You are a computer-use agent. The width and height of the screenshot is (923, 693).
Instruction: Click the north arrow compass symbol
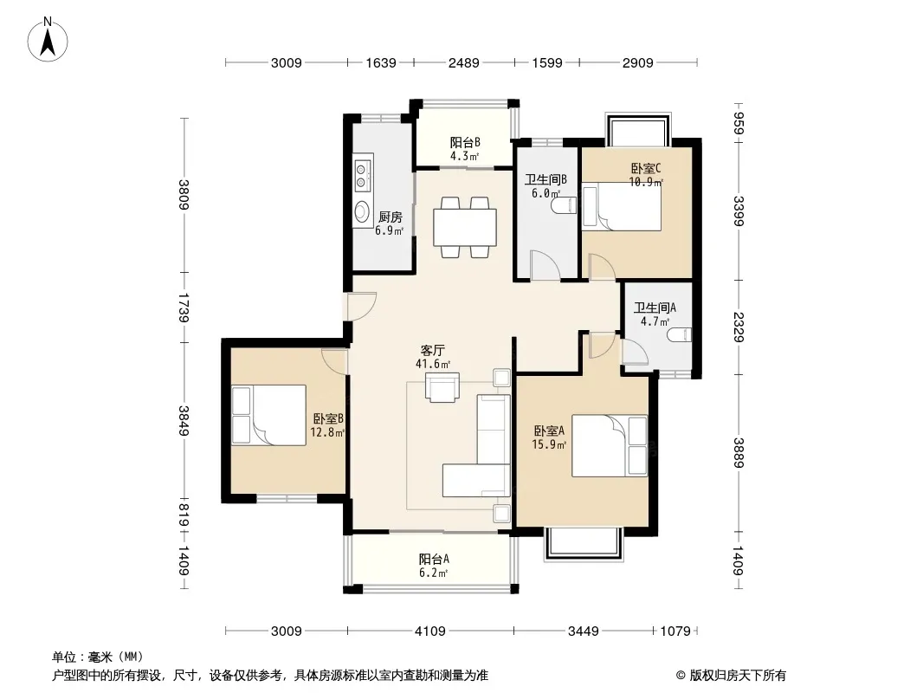(48, 39)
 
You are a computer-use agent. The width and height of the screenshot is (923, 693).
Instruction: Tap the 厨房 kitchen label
(390, 217)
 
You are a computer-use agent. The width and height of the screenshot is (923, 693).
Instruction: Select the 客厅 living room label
(433, 351)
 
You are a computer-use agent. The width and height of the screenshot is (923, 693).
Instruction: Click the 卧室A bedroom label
(549, 431)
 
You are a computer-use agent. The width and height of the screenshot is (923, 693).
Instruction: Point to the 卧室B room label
(328, 418)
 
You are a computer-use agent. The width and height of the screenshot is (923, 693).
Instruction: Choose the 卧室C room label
(646, 168)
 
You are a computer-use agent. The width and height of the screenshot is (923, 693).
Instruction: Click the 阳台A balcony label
(434, 559)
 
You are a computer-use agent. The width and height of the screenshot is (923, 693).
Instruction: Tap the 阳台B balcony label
(465, 142)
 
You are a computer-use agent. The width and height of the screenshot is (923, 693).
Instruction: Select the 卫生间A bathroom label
(655, 308)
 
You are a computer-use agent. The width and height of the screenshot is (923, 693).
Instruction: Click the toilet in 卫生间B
(564, 205)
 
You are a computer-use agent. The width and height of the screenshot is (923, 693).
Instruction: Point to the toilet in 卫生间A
(680, 334)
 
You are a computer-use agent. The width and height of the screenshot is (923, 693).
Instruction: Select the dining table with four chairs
(464, 227)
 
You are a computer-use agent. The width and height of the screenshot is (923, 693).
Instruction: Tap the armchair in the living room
(442, 387)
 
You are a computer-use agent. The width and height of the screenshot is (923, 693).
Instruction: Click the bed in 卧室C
(622, 206)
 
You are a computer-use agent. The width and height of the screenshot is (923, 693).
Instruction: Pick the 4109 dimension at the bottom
(430, 631)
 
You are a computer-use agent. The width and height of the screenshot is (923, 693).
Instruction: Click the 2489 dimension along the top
(464, 62)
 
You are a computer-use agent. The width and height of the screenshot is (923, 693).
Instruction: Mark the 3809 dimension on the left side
(184, 195)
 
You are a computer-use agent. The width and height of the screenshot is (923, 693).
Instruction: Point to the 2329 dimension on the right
(739, 327)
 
